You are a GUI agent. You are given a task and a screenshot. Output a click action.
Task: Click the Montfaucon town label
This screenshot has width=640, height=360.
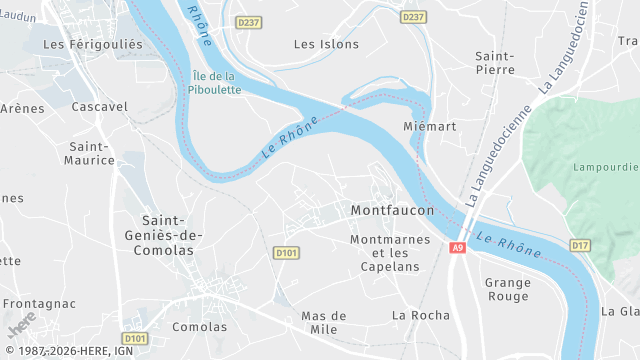(393, 211)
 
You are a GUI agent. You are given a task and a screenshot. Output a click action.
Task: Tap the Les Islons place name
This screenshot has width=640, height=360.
(319, 44)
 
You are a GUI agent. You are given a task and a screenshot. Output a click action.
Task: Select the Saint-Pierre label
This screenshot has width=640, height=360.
(495, 63)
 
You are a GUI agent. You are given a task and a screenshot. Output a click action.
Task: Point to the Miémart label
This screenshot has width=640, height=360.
(429, 127)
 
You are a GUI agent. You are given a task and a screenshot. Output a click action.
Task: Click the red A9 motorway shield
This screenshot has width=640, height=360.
(458, 248)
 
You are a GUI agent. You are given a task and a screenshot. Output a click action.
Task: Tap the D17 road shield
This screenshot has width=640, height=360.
(580, 245)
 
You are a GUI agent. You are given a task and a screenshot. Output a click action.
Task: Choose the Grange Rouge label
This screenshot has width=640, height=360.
(508, 289)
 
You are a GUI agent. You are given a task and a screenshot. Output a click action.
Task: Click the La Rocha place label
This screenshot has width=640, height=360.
(421, 315)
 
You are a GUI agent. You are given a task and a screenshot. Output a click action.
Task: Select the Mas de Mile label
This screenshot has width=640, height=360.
(324, 322)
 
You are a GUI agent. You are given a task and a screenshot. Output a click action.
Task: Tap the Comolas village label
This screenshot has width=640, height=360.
(200, 327)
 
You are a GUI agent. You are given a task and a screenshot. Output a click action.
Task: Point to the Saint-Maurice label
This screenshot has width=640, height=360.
(90, 153)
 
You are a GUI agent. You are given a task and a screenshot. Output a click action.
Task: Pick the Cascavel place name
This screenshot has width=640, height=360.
(100, 106)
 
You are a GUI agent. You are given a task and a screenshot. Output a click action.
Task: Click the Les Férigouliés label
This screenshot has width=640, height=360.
(94, 44)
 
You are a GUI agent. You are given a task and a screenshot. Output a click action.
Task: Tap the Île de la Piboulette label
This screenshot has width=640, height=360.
(214, 83)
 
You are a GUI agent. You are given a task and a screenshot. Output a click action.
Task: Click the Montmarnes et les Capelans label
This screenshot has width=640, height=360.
(390, 253)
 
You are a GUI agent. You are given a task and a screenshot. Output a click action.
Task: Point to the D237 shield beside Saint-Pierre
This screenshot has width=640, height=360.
(411, 18)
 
